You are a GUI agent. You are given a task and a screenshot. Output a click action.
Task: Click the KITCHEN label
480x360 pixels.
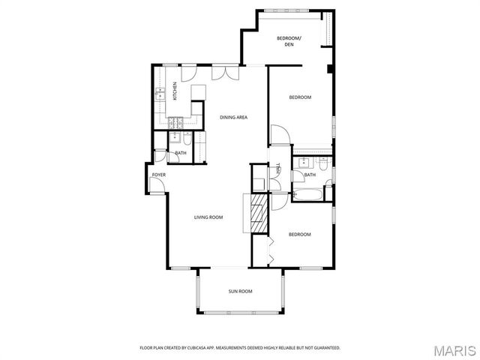click(175, 92)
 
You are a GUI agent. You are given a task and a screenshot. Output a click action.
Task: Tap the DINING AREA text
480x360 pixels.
click(233, 117)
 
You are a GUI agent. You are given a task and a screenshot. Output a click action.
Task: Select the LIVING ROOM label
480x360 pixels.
click(208, 217)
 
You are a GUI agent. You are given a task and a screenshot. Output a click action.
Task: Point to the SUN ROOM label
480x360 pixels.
click(240, 291)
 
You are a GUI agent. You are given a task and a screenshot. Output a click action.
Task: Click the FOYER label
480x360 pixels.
click(158, 175)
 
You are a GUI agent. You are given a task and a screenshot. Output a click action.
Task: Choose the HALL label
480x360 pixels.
click(277, 169)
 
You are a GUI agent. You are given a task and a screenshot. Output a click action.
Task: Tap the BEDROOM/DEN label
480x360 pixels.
click(289, 41)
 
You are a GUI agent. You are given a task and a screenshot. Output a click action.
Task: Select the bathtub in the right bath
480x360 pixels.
click(307, 196)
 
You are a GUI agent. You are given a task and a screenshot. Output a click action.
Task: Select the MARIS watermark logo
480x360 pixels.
click(454, 350)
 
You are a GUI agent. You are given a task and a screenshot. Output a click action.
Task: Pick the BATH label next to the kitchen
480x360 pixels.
click(181, 153)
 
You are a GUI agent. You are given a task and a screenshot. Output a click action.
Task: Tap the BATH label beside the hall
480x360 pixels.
click(309, 175)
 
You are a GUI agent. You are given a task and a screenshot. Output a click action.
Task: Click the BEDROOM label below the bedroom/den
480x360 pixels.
click(301, 97)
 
